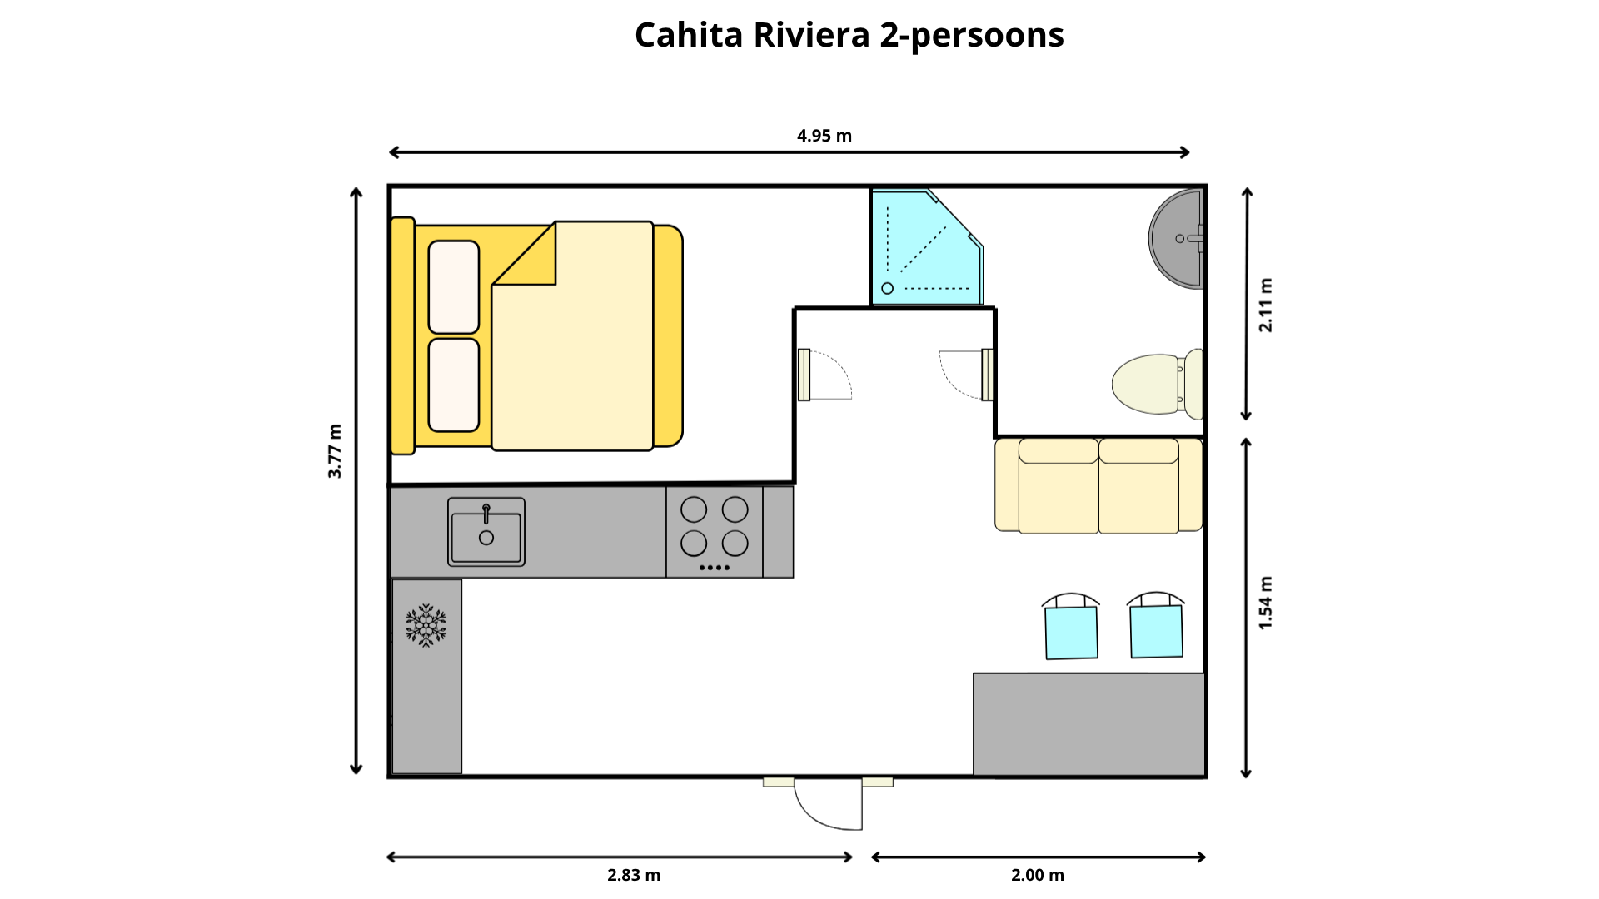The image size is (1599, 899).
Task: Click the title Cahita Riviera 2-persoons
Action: [849, 36]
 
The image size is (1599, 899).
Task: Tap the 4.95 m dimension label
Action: [824, 136]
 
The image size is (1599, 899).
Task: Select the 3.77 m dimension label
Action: [335, 451]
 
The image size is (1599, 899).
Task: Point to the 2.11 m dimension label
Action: [1266, 305]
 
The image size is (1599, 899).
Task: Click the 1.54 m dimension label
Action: [1266, 603]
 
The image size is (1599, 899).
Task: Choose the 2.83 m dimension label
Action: [634, 875]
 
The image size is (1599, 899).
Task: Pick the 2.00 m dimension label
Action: [1038, 875]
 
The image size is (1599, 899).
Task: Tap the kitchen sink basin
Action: [486, 532]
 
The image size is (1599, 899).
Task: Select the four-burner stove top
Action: [715, 532]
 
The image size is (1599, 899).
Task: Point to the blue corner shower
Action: [926, 248]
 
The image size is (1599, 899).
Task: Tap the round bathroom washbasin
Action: [1176, 239]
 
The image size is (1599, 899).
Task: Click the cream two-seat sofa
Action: [1098, 485]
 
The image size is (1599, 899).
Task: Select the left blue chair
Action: [1071, 627]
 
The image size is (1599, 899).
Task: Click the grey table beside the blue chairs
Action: [1089, 724]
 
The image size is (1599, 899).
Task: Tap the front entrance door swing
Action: [829, 804]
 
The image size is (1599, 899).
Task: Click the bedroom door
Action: [824, 375]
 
